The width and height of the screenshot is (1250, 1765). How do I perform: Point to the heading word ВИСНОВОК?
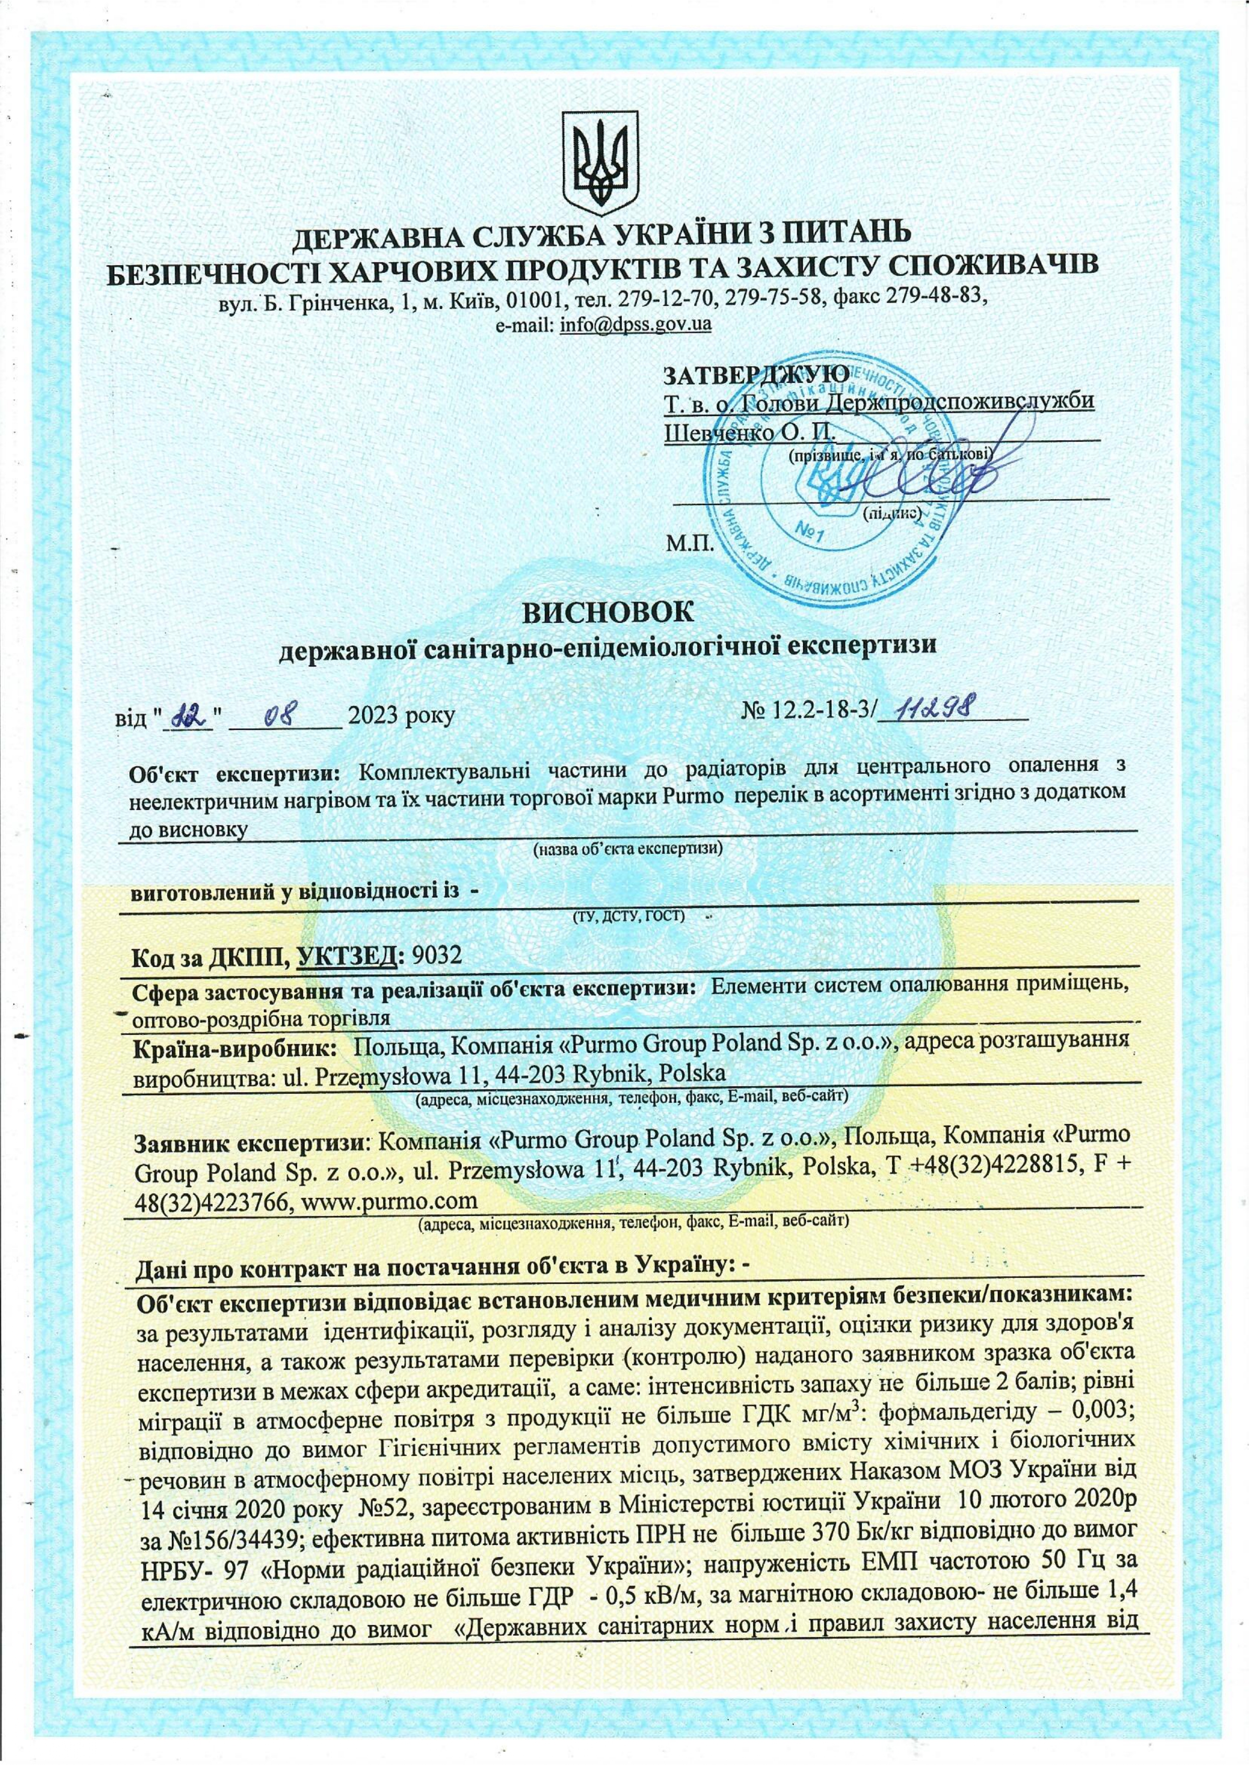(x=608, y=614)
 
